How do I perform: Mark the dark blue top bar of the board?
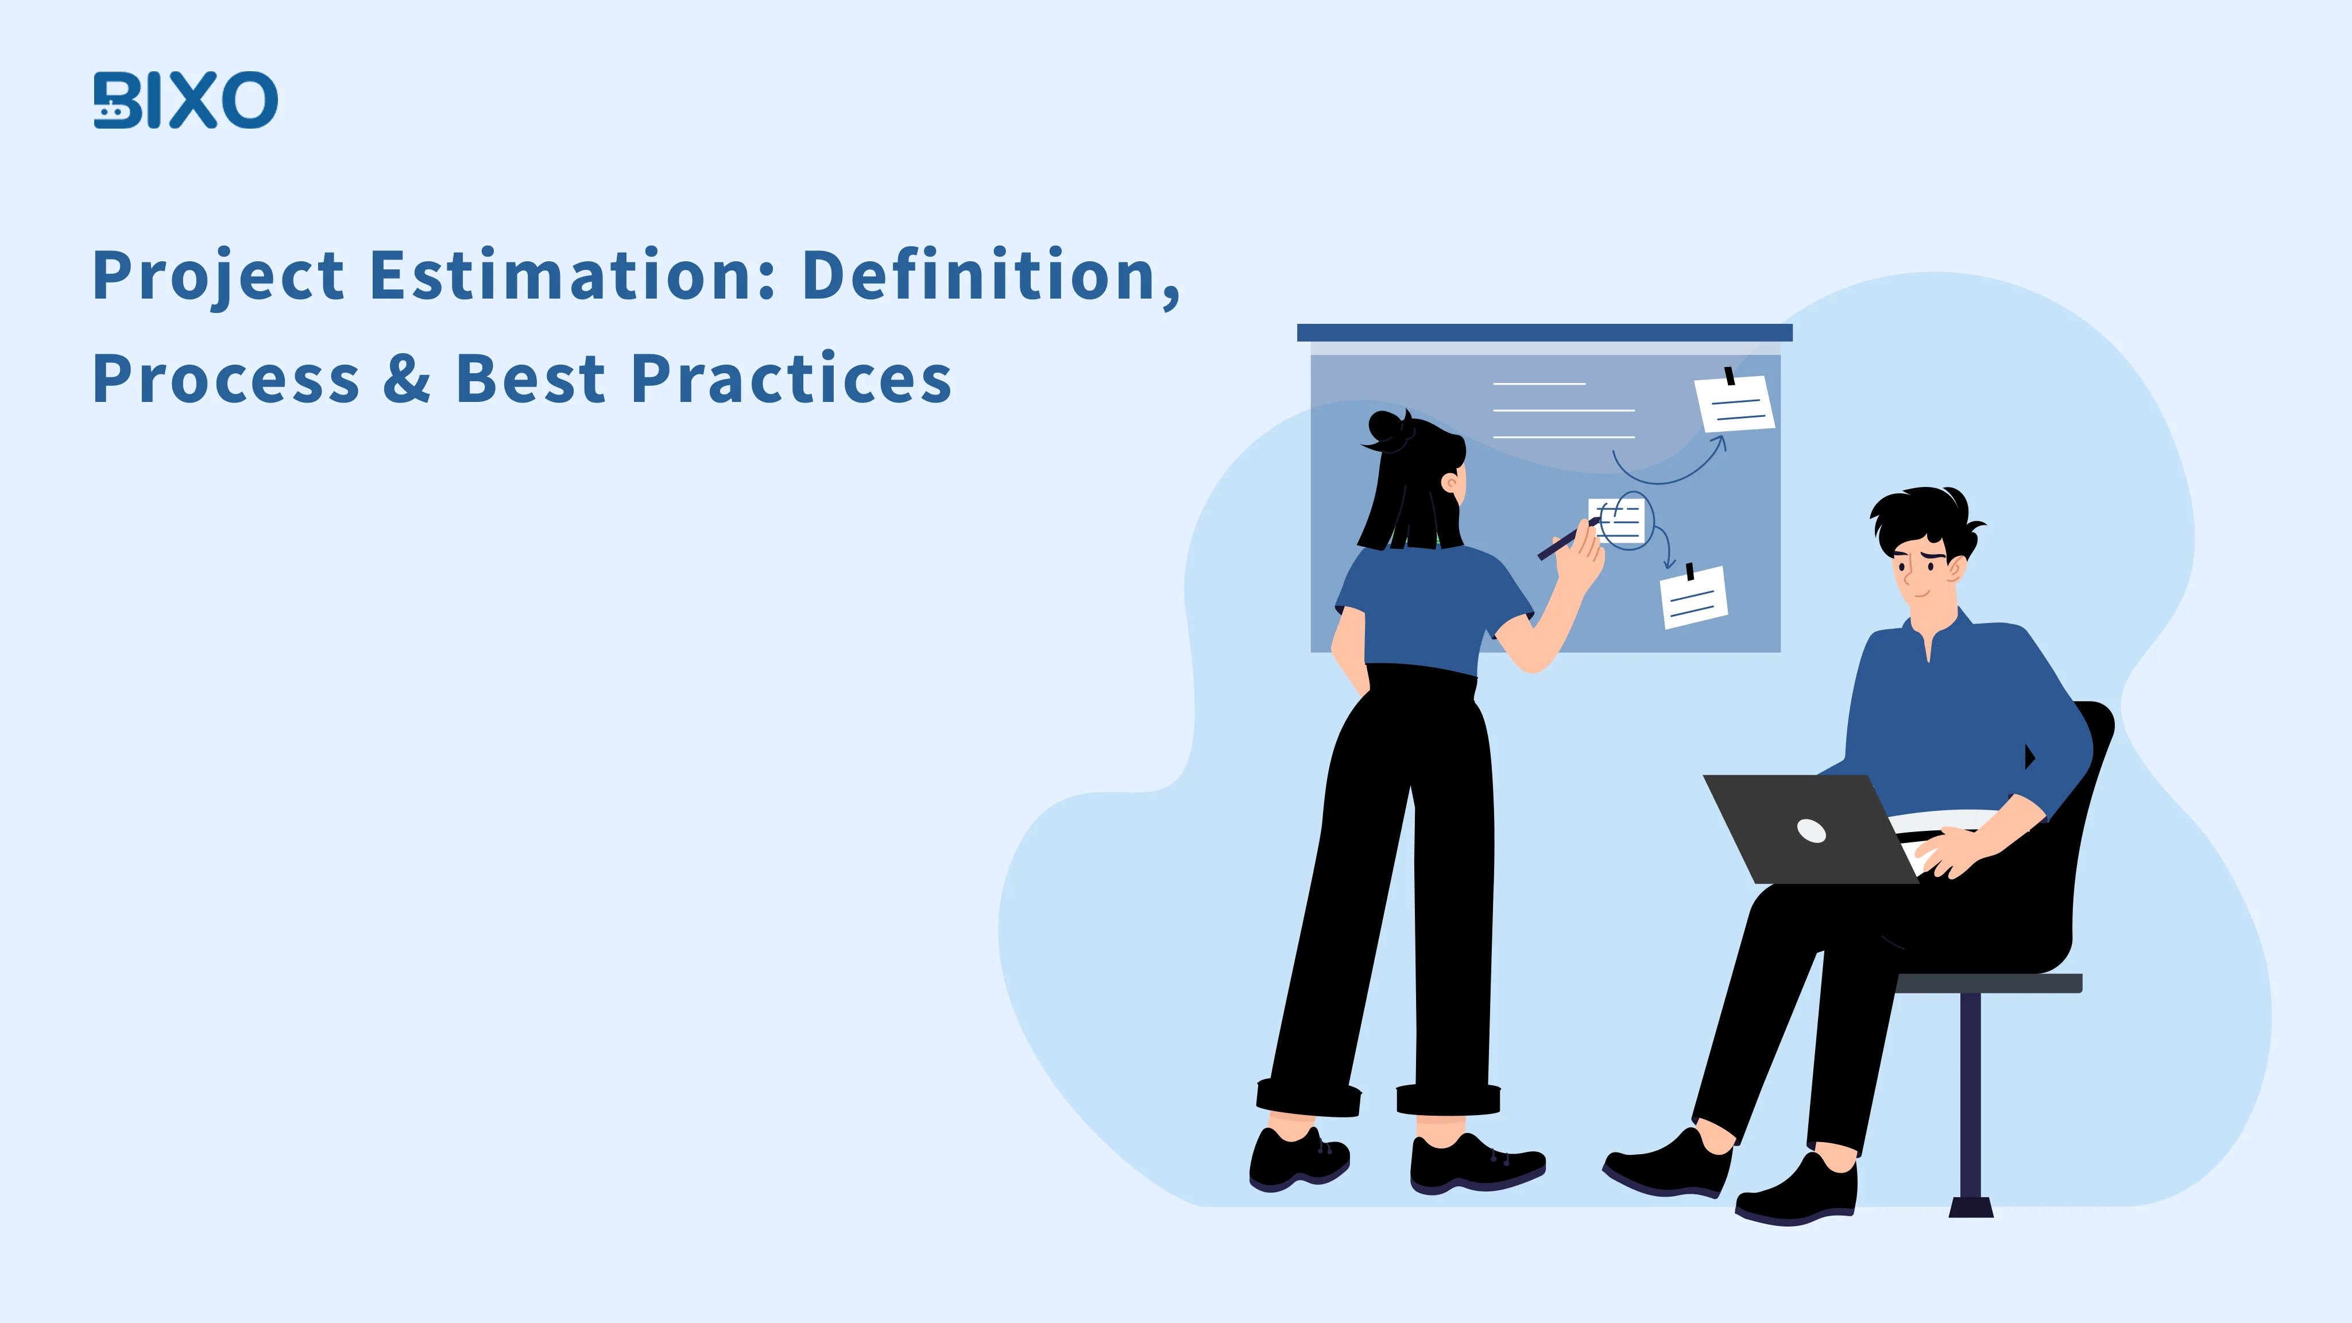click(1544, 332)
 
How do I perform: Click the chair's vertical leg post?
click(1970, 1096)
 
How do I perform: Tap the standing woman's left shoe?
click(1297, 1159)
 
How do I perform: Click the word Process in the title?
click(226, 380)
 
